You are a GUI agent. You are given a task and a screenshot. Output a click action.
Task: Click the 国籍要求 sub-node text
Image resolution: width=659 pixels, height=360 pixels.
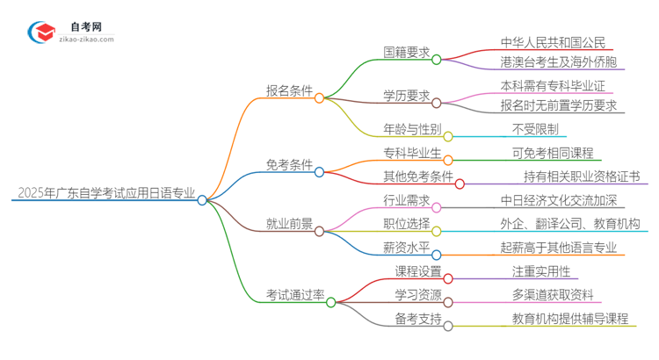(x=406, y=52)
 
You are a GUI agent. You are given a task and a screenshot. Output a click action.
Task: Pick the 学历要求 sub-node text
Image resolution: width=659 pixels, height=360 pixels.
(x=406, y=96)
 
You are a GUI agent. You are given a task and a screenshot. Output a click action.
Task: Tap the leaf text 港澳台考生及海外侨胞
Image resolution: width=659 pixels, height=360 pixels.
(x=558, y=61)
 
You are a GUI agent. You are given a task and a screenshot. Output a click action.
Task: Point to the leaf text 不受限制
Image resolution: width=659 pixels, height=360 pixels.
(x=534, y=128)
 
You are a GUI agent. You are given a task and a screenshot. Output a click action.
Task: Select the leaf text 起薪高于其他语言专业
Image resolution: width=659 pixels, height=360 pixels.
(x=558, y=248)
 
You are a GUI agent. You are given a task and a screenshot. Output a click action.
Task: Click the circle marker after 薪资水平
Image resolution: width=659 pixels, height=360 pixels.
(x=436, y=254)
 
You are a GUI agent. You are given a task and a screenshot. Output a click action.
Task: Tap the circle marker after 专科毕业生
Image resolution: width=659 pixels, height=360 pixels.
(x=447, y=160)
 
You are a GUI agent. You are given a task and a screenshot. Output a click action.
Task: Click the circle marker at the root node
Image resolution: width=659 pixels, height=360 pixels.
(x=202, y=200)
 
